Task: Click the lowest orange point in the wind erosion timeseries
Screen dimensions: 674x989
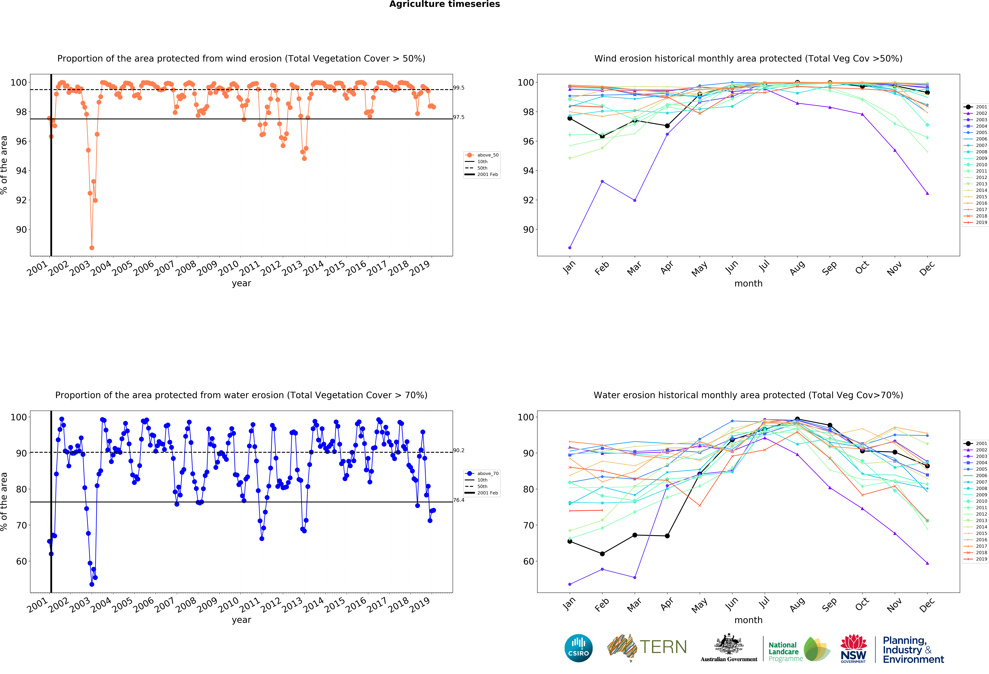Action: point(92,248)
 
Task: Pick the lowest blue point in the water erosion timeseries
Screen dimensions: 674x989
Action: point(92,584)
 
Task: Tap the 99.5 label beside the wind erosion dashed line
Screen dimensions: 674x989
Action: point(459,88)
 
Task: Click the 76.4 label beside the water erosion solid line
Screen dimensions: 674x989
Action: point(459,500)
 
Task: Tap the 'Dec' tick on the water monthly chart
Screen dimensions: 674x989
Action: point(927,604)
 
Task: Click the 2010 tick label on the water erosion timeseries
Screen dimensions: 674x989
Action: point(229,604)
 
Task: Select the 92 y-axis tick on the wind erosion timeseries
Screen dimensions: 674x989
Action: point(21,200)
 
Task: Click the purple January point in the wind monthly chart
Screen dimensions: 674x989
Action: point(570,248)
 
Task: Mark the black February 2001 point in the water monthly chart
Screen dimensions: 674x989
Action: point(602,554)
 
